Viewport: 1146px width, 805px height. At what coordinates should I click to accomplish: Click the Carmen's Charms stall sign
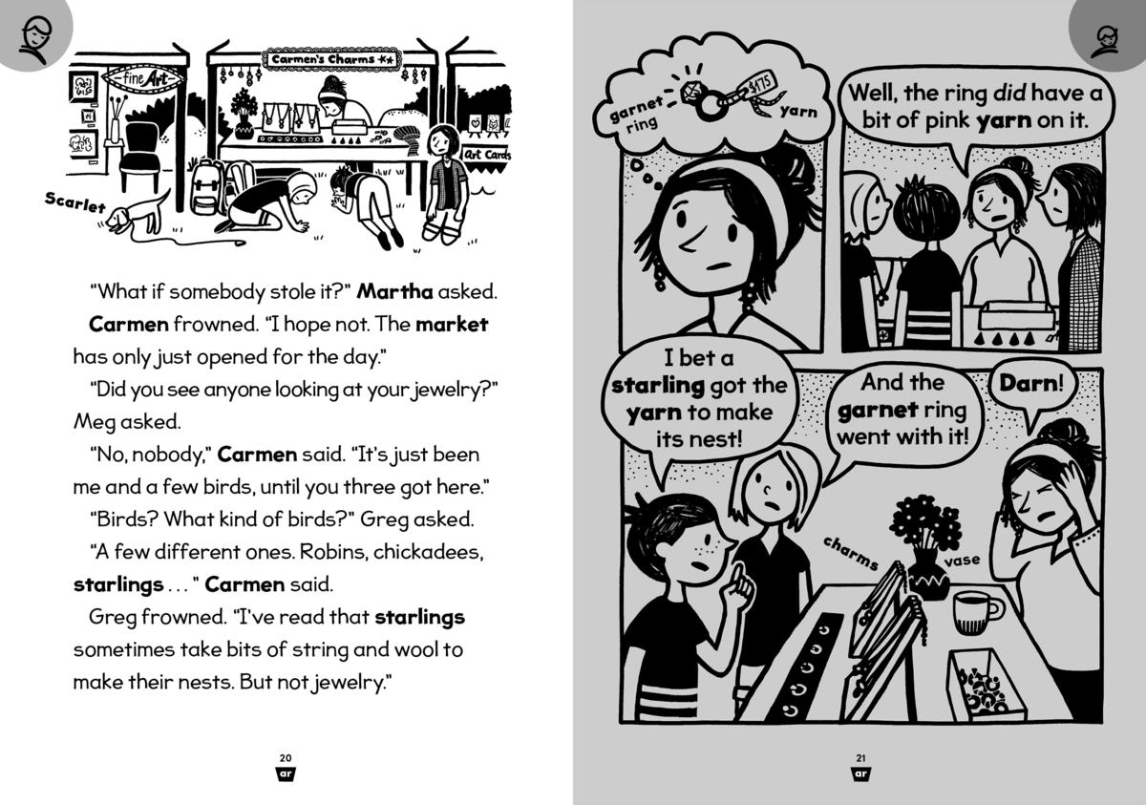click(x=334, y=59)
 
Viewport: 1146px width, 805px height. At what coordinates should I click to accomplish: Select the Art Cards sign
click(x=486, y=154)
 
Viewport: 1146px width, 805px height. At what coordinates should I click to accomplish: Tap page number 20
click(x=286, y=757)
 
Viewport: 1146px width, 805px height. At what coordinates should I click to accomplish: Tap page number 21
click(x=860, y=757)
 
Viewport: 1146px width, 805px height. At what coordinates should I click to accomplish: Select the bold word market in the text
click(x=452, y=325)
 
